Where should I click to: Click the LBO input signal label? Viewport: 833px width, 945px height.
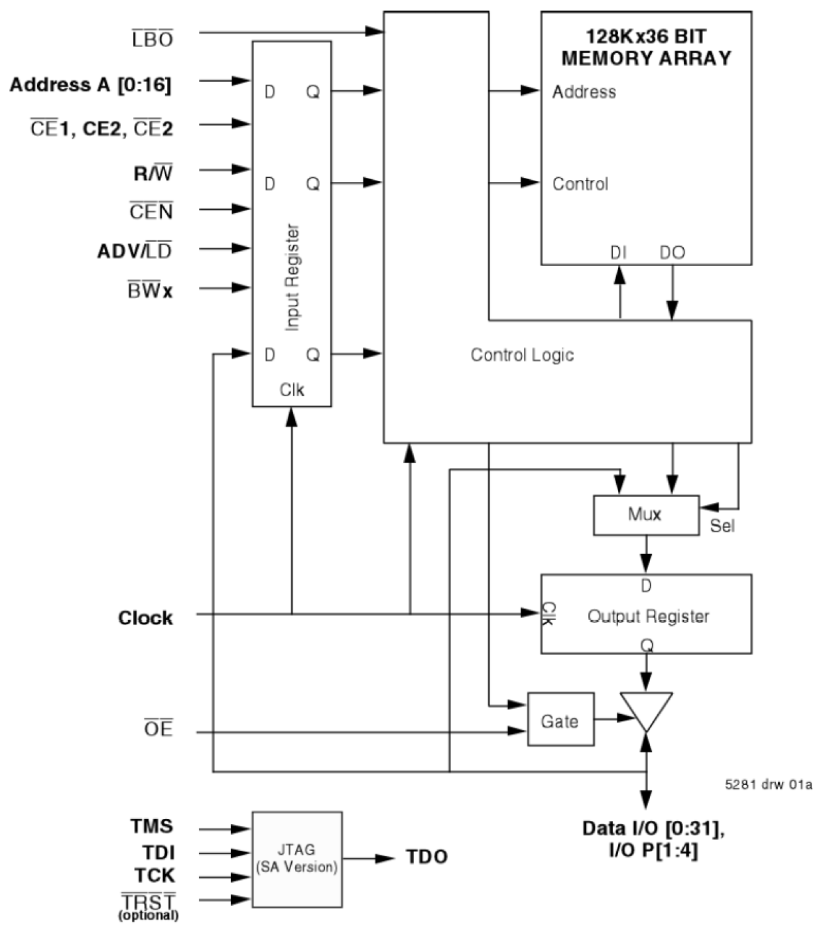pos(152,39)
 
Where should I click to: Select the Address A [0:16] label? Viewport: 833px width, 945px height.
pos(90,85)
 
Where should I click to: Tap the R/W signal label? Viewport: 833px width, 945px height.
pos(153,174)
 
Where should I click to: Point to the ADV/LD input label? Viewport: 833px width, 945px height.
pos(135,252)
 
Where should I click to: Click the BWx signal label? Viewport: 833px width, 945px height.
pos(150,290)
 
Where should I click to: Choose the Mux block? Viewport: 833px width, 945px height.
pos(645,515)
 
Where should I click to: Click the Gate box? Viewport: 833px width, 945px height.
pos(560,721)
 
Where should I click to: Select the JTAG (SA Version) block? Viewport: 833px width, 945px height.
pos(296,859)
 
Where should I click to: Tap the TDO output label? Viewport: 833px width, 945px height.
pos(426,857)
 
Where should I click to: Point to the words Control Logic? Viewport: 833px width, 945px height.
pos(522,355)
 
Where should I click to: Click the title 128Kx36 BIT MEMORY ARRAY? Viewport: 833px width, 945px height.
pos(646,47)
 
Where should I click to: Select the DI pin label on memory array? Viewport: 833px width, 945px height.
pos(618,253)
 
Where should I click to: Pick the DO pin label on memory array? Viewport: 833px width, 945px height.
pos(672,253)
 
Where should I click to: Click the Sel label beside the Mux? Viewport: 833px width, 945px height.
pos(722,526)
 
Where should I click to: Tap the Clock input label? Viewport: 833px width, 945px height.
pos(145,618)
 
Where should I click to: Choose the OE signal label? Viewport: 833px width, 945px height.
pos(159,729)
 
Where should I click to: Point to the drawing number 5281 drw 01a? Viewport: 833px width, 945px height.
pos(768,784)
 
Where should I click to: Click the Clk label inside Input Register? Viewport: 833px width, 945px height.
pos(292,390)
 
